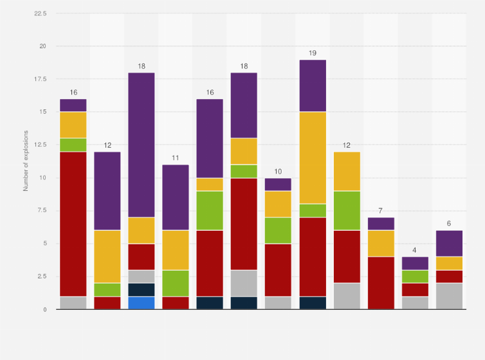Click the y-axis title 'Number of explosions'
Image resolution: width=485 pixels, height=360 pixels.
pos(26,161)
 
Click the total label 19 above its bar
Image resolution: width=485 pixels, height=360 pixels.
pos(312,53)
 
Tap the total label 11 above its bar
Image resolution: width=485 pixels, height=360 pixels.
pos(176,158)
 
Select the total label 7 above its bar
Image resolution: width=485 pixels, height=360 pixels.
pos(380,211)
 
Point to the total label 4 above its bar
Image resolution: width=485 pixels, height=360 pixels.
pos(414,250)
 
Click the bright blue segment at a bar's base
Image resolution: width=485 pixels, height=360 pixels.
pos(141,303)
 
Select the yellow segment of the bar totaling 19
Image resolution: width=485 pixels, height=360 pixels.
pos(312,158)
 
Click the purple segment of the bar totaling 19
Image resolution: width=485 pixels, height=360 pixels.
pos(312,86)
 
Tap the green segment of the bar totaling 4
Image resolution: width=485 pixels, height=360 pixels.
pos(414,276)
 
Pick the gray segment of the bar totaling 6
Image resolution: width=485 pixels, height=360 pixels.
pos(448,296)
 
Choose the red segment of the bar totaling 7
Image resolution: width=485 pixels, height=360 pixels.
pos(380,283)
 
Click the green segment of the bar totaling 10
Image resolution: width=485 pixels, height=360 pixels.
pos(278,231)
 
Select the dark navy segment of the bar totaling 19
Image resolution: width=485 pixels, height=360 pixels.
pos(312,303)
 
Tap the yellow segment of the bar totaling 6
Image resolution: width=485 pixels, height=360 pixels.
pos(448,264)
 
